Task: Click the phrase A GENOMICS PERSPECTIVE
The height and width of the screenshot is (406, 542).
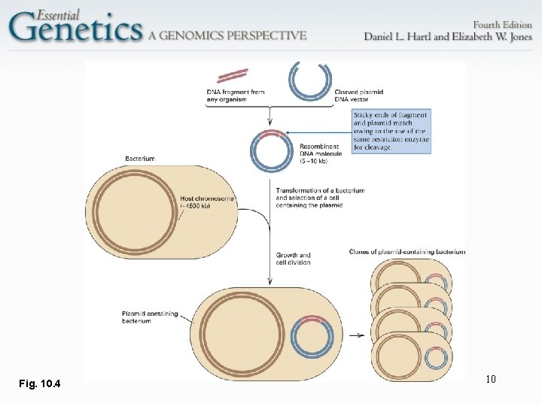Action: (x=227, y=35)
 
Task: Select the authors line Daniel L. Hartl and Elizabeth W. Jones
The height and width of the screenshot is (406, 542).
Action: (x=448, y=37)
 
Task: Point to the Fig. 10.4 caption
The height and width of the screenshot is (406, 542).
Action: (x=40, y=385)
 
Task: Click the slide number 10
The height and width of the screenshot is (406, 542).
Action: (x=490, y=379)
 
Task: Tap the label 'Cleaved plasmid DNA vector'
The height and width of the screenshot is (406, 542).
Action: (x=358, y=95)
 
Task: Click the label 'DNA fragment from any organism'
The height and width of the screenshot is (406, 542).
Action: (x=236, y=95)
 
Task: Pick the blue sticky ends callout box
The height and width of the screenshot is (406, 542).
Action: (x=391, y=132)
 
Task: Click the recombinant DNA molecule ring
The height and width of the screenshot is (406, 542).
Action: (x=272, y=150)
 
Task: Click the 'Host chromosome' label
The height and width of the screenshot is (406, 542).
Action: (x=208, y=202)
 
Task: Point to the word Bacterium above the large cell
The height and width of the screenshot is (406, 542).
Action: (x=140, y=159)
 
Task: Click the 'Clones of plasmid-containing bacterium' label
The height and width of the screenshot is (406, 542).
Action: (x=407, y=251)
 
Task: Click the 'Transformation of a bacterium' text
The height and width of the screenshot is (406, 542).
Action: (x=320, y=190)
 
